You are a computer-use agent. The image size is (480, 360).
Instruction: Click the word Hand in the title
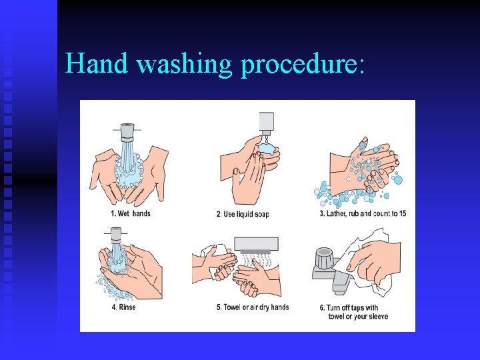97,63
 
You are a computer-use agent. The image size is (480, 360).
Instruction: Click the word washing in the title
184,64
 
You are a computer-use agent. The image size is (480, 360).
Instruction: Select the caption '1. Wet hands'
131,213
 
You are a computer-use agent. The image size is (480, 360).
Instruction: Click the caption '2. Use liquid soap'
243,214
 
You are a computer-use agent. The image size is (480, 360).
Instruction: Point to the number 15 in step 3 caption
403,213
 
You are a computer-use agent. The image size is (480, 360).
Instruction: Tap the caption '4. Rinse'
124,307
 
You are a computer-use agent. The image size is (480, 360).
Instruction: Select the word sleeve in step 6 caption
379,316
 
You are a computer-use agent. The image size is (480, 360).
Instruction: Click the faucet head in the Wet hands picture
127,132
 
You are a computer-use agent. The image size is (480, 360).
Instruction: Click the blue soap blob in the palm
267,149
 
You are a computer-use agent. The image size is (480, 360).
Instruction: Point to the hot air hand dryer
257,245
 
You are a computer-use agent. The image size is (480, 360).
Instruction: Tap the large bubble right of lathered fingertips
398,180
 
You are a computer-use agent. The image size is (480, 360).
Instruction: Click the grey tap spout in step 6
341,283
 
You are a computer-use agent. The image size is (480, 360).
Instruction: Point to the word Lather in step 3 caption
336,214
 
